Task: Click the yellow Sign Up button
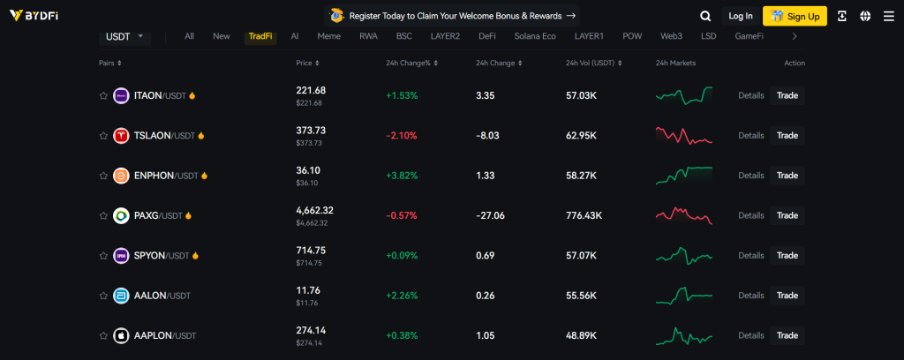point(795,16)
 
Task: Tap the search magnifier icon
point(705,16)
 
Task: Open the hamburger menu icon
point(888,16)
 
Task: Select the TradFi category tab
point(260,36)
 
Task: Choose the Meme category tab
point(328,36)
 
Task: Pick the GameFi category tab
point(749,36)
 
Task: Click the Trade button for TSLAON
point(787,136)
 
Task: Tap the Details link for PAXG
point(750,215)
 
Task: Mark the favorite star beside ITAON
point(103,95)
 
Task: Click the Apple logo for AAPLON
point(122,335)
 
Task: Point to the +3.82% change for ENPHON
point(402,176)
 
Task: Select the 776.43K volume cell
point(584,215)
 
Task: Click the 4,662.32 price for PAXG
point(314,210)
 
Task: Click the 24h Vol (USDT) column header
point(589,64)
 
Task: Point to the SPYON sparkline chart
point(683,256)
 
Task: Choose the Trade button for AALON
point(787,296)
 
